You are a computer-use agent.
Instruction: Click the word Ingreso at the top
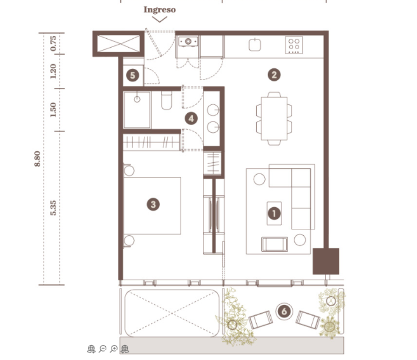coord(159,9)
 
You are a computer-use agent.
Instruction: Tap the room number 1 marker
coord(274,213)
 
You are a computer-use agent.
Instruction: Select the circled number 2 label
coord(274,75)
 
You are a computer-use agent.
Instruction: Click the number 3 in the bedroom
coord(153,204)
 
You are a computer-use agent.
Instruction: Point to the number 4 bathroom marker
coord(191,119)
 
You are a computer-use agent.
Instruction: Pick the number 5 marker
coord(133,75)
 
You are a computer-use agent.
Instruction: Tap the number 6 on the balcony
coord(284,311)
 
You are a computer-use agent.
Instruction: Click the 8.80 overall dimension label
coord(37,159)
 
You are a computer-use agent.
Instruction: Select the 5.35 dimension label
coord(53,208)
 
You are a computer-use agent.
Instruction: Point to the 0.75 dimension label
coord(53,43)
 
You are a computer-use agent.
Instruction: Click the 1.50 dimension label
coord(53,109)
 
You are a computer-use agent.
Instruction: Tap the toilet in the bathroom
coord(167,100)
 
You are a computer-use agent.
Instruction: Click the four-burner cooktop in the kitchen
coord(294,45)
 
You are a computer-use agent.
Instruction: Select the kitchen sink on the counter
coord(255,44)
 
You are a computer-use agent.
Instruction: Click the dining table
coord(274,119)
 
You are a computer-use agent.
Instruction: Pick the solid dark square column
coord(326,261)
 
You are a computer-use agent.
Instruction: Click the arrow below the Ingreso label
coord(159,19)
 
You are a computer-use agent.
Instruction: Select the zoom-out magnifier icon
coord(102,349)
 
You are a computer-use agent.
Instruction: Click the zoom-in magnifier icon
coord(114,349)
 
